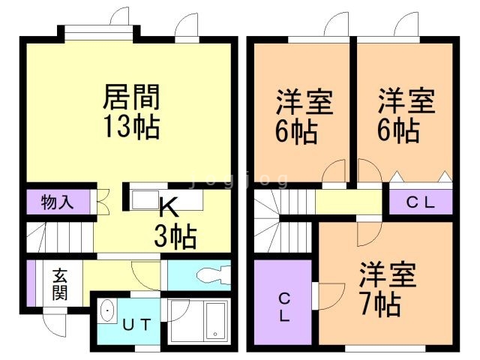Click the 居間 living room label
[x=131, y=97]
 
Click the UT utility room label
[x=136, y=325]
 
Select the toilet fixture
[x=210, y=274]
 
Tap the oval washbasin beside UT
[x=106, y=310]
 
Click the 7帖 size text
[x=378, y=303]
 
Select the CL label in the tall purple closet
[x=284, y=305]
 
